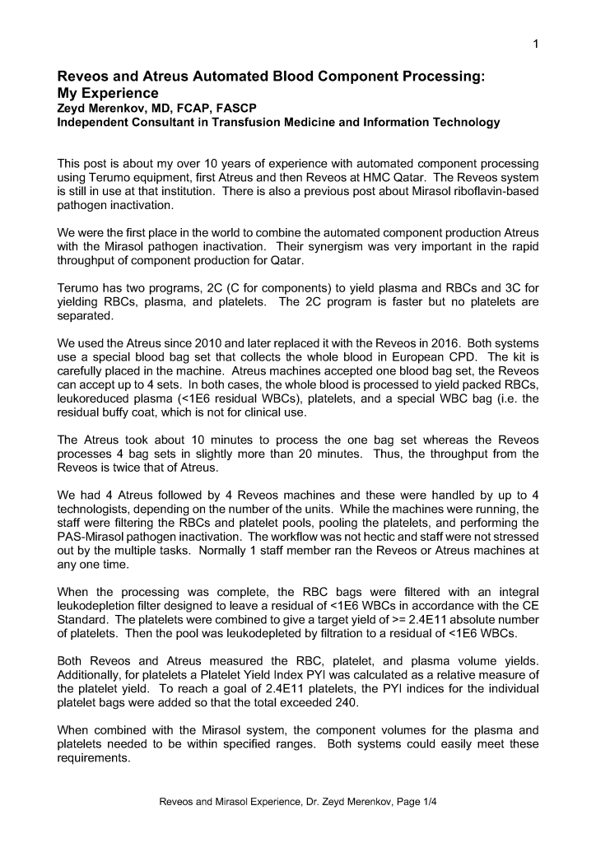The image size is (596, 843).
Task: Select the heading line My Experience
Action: tap(106, 93)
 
